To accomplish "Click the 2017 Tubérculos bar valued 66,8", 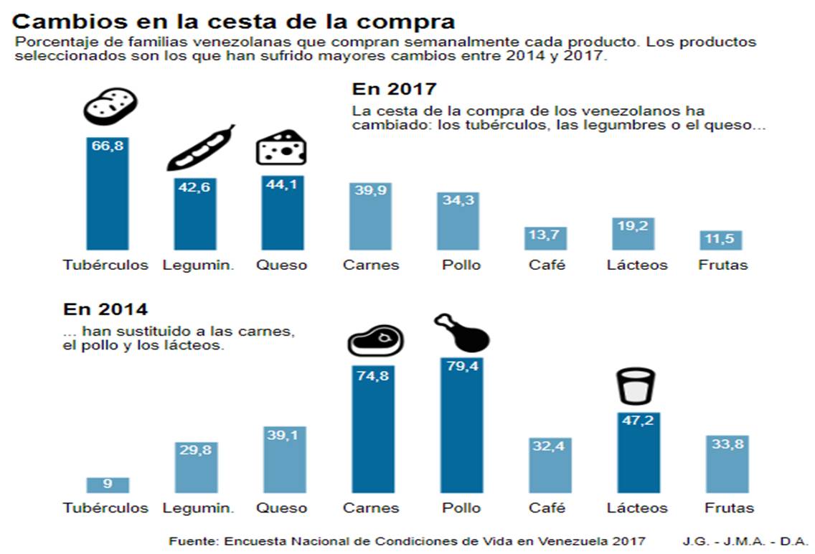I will (x=107, y=194).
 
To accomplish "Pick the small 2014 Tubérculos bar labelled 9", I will (x=107, y=484).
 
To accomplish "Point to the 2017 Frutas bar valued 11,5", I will (x=721, y=240).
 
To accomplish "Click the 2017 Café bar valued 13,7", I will (x=547, y=238).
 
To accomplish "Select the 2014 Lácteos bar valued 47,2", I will (x=638, y=452).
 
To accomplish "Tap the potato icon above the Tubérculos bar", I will (x=109, y=106).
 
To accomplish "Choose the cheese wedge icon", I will (x=281, y=147).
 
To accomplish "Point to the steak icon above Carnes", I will (x=375, y=340).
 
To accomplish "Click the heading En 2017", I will (x=394, y=89).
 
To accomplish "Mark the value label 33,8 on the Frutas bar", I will (x=727, y=445).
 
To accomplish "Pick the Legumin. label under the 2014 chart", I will (x=198, y=508).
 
